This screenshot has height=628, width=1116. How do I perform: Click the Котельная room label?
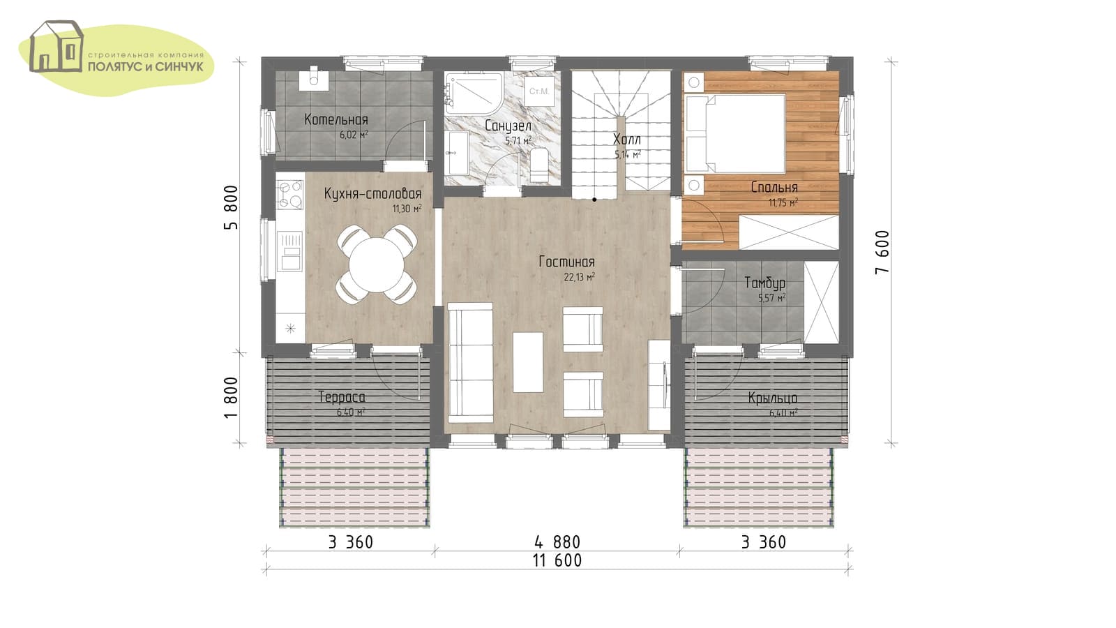336,119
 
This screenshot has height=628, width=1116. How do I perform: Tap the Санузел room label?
508,126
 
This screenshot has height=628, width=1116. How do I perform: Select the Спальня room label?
774,188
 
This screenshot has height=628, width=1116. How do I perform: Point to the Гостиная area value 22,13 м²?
580,276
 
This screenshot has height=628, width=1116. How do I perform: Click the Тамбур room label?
765,283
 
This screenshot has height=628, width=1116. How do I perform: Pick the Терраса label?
342,397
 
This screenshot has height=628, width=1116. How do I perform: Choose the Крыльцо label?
773,398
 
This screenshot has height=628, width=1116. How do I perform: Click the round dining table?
377,264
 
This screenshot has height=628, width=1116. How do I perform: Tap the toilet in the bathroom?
538,165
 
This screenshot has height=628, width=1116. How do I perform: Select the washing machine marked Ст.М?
539,91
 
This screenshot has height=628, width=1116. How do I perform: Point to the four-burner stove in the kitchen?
290,195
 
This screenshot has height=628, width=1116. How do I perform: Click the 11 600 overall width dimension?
557,560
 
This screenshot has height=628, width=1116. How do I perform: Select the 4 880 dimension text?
557,541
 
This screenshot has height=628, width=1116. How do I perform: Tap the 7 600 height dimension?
882,252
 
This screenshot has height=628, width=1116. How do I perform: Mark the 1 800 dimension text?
232,398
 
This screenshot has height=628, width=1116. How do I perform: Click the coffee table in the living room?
528,362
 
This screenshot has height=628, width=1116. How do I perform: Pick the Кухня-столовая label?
372,193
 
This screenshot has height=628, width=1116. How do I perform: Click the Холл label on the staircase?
627,139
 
